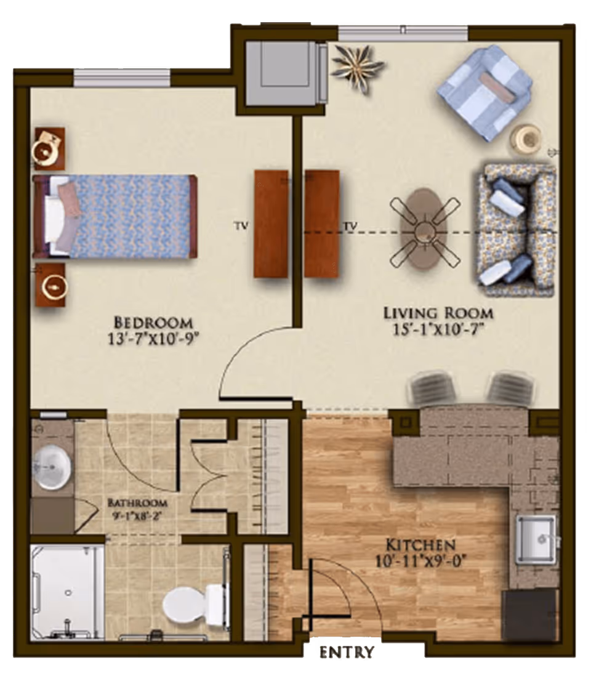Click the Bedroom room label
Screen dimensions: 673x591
(153, 322)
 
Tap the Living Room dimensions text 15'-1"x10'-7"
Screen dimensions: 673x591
(438, 329)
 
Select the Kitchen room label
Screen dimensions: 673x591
(420, 545)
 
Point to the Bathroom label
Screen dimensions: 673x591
(137, 502)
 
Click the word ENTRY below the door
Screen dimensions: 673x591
(346, 653)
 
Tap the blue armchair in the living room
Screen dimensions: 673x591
(484, 92)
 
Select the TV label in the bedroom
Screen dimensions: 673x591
(241, 226)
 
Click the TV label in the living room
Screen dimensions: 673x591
(350, 226)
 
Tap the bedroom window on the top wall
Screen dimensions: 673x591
(122, 77)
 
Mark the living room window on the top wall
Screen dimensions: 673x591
(403, 33)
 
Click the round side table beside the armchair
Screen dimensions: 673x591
(528, 140)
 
